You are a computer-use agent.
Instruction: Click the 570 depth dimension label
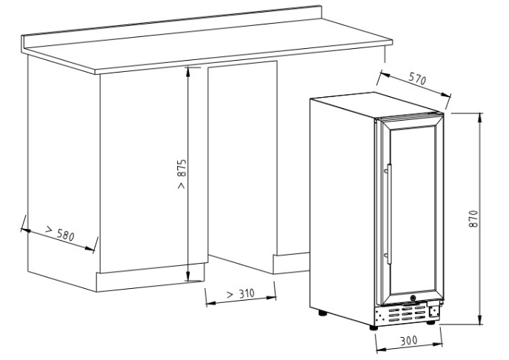[x=417, y=79]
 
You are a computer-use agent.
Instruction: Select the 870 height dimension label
[x=473, y=219]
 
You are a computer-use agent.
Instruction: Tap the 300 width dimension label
[x=408, y=341]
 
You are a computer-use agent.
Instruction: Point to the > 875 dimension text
[x=182, y=173]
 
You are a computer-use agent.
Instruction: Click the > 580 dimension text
[x=60, y=233]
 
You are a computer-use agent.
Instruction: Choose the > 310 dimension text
[x=241, y=294]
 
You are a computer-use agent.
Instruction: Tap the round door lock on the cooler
[x=413, y=298]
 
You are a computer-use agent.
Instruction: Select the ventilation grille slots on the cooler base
[x=407, y=314]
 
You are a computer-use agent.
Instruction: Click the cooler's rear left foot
[x=322, y=313]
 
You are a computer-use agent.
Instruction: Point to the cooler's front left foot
[x=373, y=327]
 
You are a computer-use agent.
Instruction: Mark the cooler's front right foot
[x=430, y=322]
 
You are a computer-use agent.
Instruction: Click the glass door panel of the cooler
[x=413, y=211]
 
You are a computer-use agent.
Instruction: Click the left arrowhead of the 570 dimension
[x=385, y=76]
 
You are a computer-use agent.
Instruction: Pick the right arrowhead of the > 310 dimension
[x=271, y=297]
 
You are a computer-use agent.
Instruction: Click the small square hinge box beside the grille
[x=433, y=311]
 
